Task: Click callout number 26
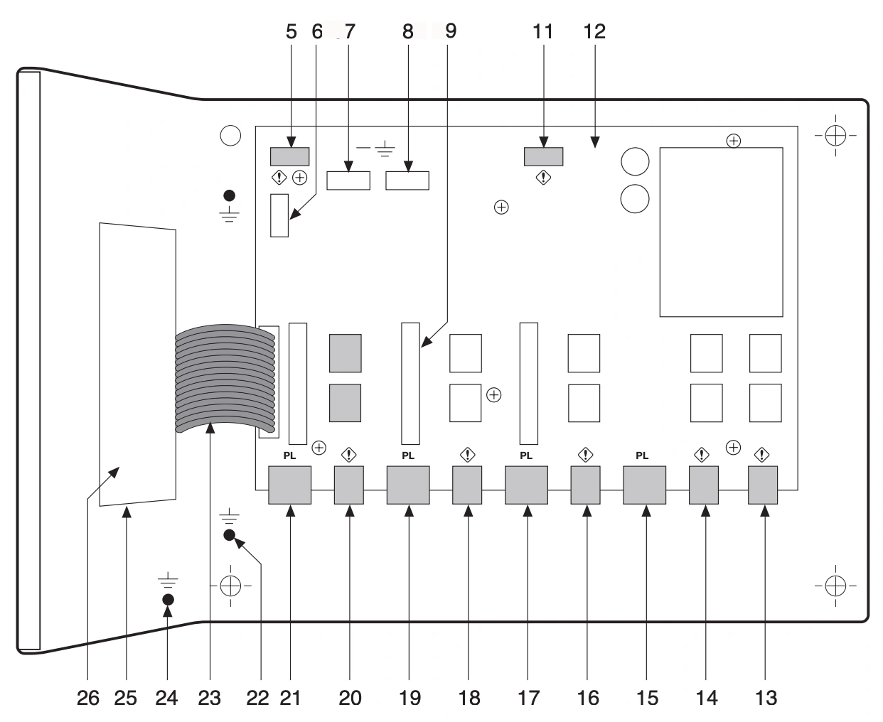coord(88,698)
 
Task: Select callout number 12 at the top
coord(594,31)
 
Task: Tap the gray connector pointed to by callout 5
coord(289,156)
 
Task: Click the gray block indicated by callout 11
coord(543,156)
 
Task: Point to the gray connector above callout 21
coord(290,485)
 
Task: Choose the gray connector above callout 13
coord(763,485)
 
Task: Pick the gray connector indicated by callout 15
coord(644,485)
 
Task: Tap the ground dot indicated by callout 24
coord(168,599)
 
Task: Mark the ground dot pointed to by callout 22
coord(230,535)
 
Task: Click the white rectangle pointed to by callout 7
coord(348,180)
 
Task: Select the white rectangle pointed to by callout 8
coord(407,180)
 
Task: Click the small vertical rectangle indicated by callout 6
coord(279,215)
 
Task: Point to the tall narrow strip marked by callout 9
coord(411,382)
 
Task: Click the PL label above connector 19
coord(408,456)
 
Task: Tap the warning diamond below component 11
coord(543,178)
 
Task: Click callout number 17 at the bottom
coord(528,698)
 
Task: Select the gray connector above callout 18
coord(467,485)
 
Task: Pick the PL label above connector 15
coord(642,456)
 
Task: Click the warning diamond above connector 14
coord(702,453)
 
